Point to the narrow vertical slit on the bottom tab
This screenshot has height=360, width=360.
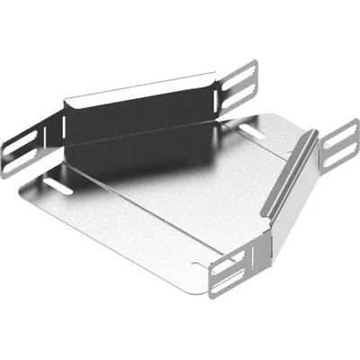pyautogui.click(x=256, y=261)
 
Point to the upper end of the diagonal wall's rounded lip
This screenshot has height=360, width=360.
pyautogui.click(x=310, y=133)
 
